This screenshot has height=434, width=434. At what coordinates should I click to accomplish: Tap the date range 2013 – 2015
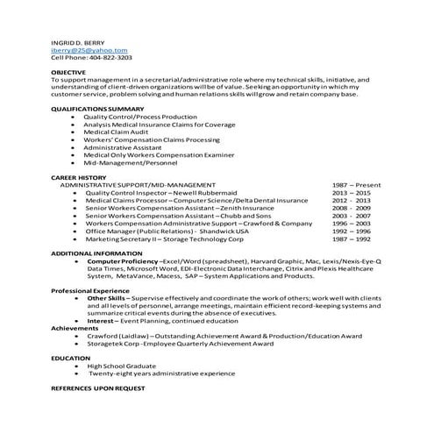[x=351, y=193]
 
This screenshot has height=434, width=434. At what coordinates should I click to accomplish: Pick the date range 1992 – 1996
[x=351, y=231]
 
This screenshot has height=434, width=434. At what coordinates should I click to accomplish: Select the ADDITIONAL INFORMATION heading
[x=96, y=253]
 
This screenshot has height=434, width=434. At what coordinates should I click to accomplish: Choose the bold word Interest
[x=103, y=321]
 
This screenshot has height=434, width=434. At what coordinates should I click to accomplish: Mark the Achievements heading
[x=75, y=328]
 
